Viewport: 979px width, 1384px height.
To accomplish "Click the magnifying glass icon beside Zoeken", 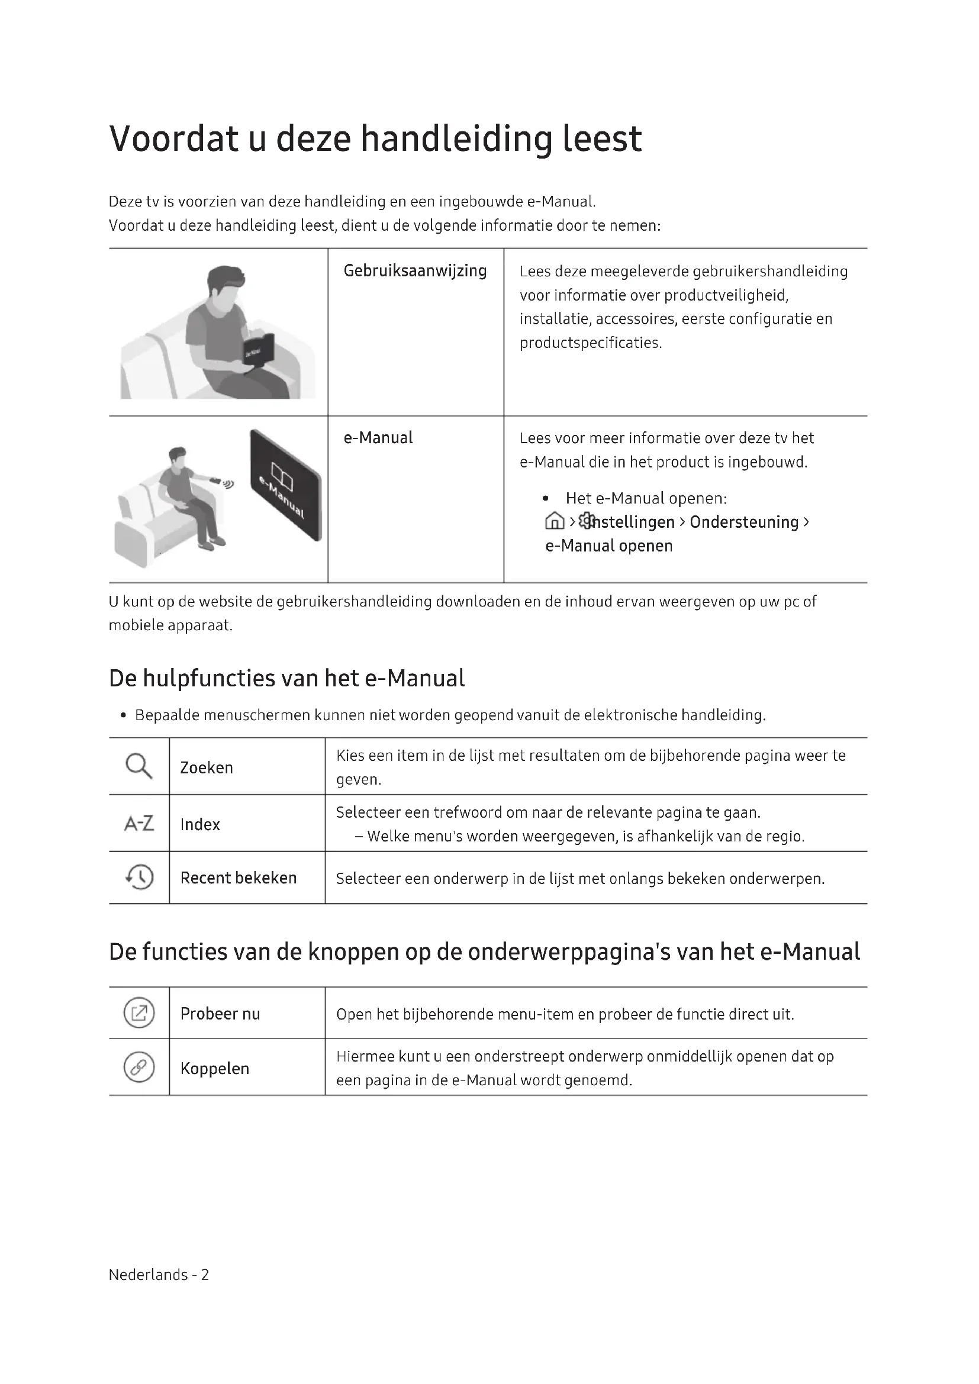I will (139, 766).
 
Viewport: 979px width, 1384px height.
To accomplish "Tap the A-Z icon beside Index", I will (139, 824).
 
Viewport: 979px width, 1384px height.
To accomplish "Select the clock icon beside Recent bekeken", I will (139, 877).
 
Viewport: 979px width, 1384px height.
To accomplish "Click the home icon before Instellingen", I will (554, 521).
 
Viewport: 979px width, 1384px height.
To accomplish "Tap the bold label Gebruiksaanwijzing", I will (415, 270).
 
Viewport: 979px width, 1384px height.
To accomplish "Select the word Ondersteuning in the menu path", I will (744, 522).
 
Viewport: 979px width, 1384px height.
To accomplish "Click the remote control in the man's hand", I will (215, 480).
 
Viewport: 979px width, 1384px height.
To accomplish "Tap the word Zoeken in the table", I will (206, 767).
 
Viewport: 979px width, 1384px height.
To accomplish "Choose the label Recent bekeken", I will (238, 877).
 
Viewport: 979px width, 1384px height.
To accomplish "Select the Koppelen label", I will (215, 1068).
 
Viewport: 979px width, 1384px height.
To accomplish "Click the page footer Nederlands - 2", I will (159, 1275).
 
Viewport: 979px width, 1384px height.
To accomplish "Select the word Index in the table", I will (199, 824).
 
